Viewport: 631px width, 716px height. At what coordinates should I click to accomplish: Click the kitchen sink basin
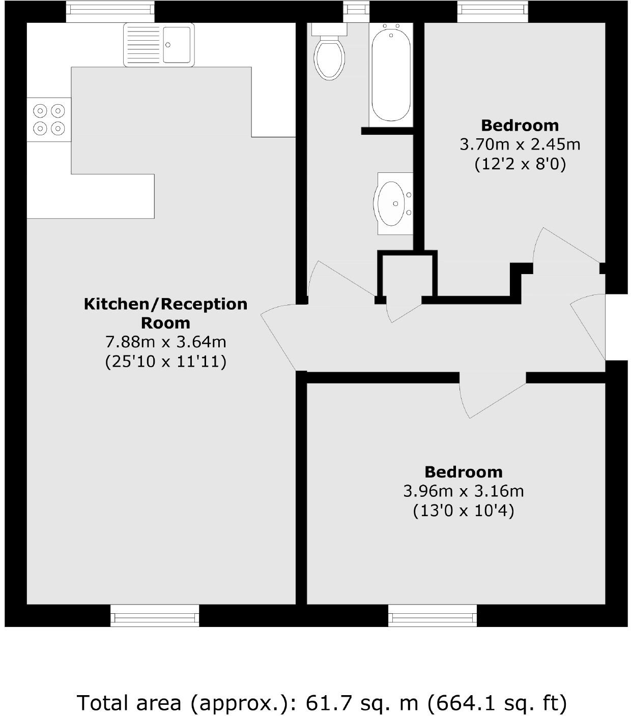coord(177,45)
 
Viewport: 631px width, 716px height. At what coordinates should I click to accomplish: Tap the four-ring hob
coord(49,119)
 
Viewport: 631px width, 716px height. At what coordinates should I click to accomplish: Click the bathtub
coord(391,74)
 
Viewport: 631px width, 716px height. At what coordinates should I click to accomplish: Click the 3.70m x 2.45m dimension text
coord(520,144)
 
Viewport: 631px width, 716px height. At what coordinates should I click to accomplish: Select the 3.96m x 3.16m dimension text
coord(463,491)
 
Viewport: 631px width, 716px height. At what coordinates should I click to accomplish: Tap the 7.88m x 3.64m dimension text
coord(165,342)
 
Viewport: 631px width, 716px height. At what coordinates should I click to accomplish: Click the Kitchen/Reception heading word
coord(165,304)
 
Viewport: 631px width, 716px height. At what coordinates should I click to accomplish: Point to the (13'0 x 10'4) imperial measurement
coord(463,511)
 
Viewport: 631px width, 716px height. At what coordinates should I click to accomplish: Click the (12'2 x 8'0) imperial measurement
coord(520,164)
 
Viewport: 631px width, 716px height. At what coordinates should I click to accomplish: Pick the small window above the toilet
coord(356,10)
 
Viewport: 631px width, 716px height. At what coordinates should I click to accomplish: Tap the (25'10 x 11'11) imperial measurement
coord(165,362)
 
